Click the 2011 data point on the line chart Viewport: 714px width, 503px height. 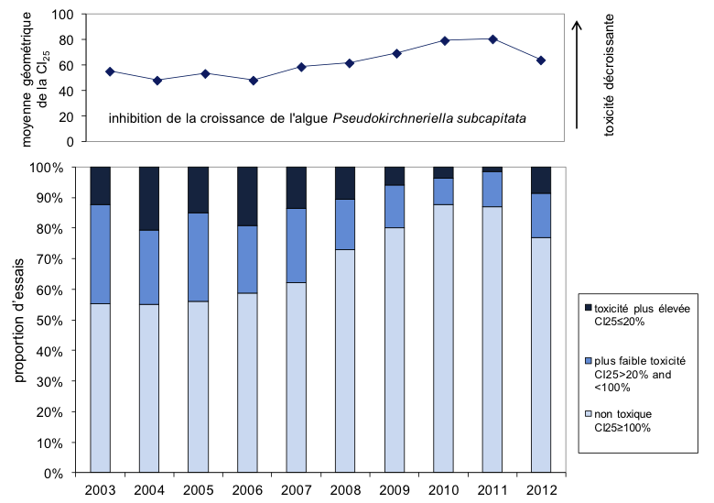[492, 39]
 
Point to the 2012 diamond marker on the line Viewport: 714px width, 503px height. [542, 60]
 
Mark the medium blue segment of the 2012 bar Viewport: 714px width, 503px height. [542, 215]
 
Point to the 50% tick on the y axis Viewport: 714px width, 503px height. [66, 321]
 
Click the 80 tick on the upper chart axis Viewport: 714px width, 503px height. [64, 40]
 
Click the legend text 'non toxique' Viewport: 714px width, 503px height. [621, 415]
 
